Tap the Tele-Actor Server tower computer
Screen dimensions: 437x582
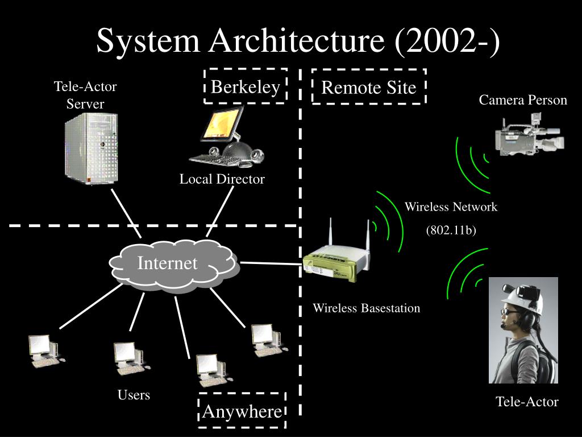tap(91, 147)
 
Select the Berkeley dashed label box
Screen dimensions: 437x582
tap(246, 87)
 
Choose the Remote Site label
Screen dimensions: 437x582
tap(369, 88)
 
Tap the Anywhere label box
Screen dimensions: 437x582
tap(242, 411)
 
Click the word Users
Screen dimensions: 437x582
tap(134, 394)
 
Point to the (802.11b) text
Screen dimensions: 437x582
tap(451, 230)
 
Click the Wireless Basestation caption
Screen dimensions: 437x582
tap(367, 308)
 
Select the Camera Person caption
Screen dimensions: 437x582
tap(523, 100)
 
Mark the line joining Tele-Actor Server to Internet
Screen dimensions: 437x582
tap(126, 213)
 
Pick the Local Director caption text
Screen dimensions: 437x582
tap(222, 179)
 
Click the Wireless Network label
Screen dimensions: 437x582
tap(451, 207)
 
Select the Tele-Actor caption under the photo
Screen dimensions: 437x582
tap(527, 402)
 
